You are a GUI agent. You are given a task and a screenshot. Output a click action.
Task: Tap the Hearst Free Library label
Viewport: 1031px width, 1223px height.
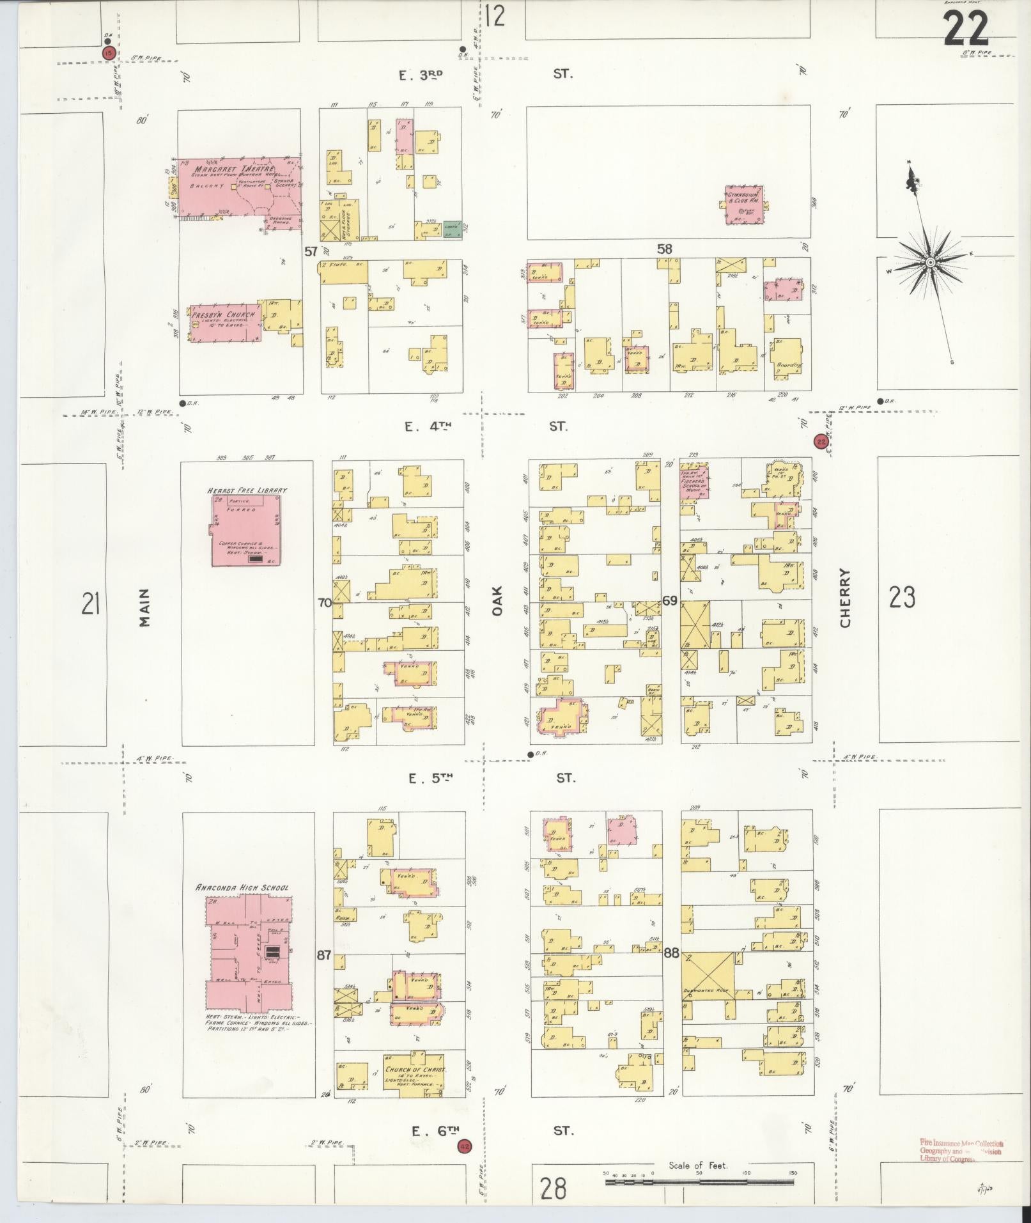click(247, 490)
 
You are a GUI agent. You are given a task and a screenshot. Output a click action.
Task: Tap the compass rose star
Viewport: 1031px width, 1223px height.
click(930, 263)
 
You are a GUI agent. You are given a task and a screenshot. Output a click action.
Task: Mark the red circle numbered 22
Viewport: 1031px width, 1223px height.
click(821, 441)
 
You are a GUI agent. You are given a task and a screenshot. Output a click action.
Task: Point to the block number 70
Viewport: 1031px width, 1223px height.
click(325, 602)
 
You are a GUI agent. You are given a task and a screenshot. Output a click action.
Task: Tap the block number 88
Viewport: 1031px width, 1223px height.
click(671, 953)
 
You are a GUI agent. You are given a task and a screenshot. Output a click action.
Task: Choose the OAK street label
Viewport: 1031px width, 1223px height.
click(498, 601)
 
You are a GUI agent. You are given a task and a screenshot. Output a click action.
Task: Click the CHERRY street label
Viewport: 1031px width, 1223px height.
click(846, 598)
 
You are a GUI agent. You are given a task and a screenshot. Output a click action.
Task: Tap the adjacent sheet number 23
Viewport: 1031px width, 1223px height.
click(902, 598)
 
